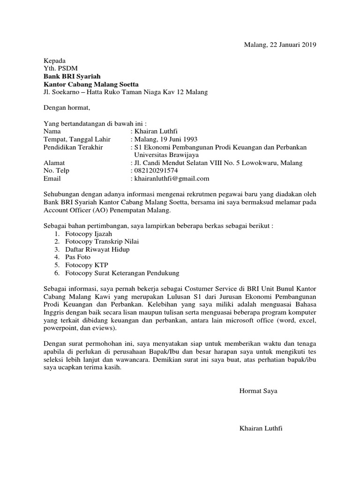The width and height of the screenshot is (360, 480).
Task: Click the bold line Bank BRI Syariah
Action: (x=72, y=76)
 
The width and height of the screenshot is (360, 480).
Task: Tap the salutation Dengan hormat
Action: (x=66, y=108)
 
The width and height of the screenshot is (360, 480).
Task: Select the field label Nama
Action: (x=52, y=132)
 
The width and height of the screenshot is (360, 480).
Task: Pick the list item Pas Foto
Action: (x=78, y=257)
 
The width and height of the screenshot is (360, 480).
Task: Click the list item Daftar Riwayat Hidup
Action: (x=97, y=249)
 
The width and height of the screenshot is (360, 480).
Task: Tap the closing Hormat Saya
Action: (x=258, y=391)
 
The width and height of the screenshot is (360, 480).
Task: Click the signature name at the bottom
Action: (x=261, y=428)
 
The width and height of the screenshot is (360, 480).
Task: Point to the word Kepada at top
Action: (x=55, y=60)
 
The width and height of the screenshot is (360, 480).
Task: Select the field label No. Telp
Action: (x=56, y=171)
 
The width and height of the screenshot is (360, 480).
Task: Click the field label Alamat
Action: (x=54, y=163)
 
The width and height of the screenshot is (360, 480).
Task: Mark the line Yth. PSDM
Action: (x=60, y=68)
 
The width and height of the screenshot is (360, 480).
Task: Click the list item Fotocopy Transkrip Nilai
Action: (x=102, y=241)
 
